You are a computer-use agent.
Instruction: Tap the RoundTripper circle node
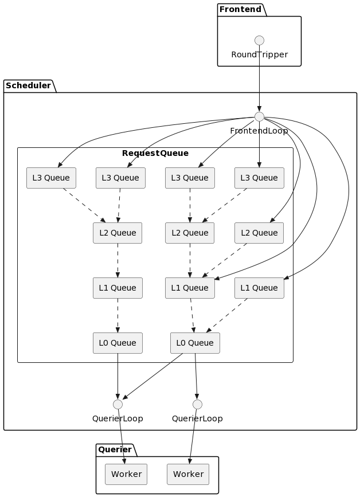259,40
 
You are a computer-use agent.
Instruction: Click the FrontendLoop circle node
259,117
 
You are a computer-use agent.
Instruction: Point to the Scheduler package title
29,86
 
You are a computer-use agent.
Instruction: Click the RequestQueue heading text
155,153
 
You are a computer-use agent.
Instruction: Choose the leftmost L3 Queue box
51,178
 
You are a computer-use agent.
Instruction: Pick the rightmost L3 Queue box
259,178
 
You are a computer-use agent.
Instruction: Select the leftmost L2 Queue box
118,233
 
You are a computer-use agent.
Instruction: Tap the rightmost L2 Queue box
259,233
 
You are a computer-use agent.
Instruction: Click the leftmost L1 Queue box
118,288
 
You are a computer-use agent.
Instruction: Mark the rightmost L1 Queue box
259,288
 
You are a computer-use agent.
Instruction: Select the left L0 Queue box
118,343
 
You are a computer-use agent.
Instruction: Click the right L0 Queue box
195,343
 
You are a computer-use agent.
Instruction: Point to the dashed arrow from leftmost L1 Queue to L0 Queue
118,315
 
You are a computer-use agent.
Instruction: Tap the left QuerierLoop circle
118,404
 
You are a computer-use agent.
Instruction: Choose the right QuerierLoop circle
197,404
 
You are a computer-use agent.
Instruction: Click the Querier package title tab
115,449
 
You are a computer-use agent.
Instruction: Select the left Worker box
126,474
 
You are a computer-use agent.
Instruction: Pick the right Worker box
188,474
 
